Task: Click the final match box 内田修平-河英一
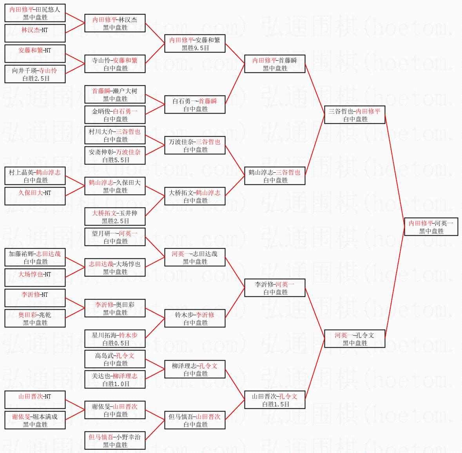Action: [x=431, y=227]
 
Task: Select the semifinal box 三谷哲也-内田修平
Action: [x=355, y=115]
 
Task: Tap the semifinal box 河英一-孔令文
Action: [x=355, y=339]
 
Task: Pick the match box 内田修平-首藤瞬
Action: [x=275, y=64]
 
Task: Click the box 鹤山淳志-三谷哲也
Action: [x=275, y=176]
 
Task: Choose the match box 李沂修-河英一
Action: [x=275, y=288]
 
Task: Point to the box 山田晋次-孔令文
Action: [x=275, y=400]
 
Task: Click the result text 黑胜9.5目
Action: [x=195, y=48]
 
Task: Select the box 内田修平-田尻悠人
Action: [x=35, y=13]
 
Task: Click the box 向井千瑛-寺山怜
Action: [x=35, y=74]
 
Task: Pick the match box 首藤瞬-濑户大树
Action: [x=115, y=94]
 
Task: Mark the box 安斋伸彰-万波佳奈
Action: [x=115, y=155]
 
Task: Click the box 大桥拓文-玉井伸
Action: [x=115, y=217]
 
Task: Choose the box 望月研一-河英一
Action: [x=115, y=237]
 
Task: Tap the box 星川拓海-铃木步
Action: [x=115, y=339]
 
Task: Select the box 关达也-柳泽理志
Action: [x=115, y=379]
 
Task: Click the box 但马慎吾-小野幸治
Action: [x=115, y=440]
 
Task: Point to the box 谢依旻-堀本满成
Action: [x=35, y=420]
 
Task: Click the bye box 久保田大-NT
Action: [x=35, y=196]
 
